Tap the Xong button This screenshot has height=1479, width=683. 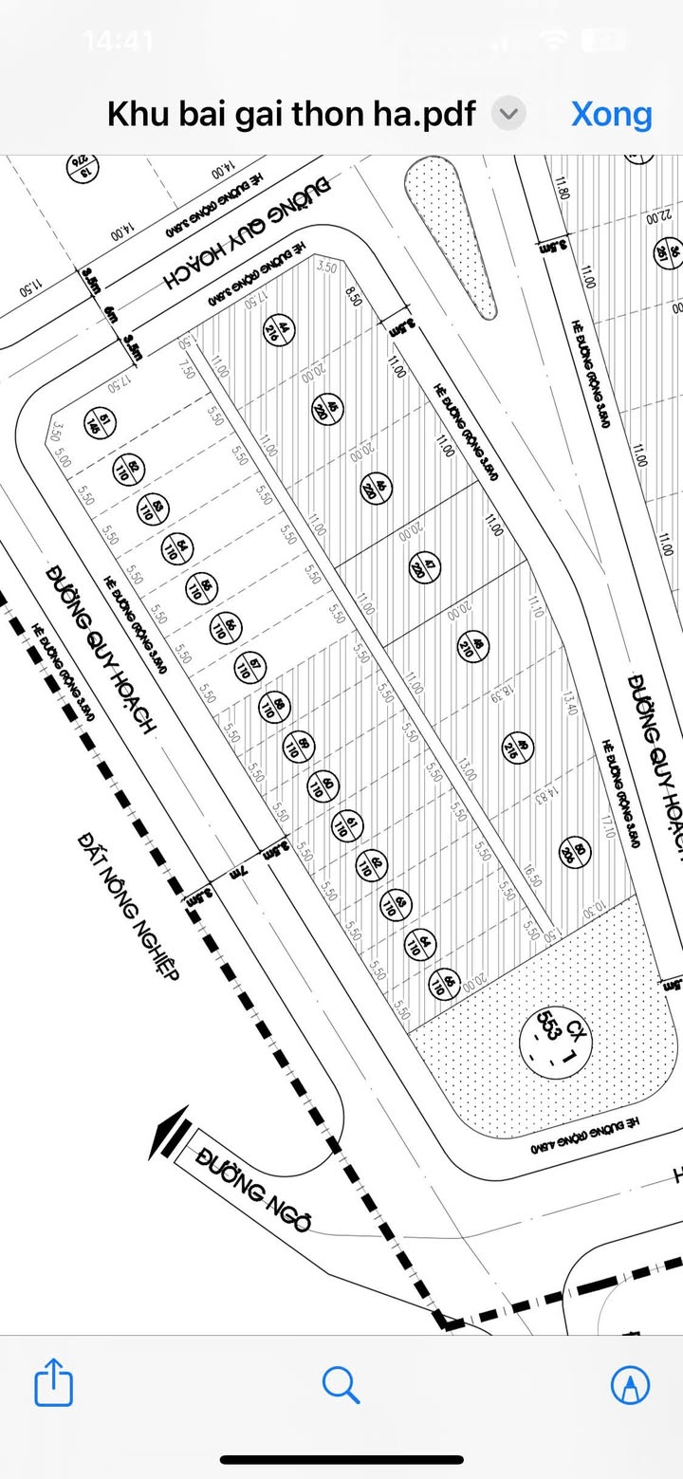pyautogui.click(x=611, y=114)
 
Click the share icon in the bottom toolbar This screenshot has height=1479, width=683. pyautogui.click(x=53, y=1384)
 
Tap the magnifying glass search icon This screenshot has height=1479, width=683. pyautogui.click(x=341, y=1384)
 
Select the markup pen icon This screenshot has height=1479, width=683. pyautogui.click(x=630, y=1384)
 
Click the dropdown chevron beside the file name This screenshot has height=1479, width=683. pyautogui.click(x=509, y=114)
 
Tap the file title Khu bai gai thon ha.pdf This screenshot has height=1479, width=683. pyautogui.click(x=290, y=114)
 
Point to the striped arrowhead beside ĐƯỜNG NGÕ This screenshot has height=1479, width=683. pyautogui.click(x=166, y=1133)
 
